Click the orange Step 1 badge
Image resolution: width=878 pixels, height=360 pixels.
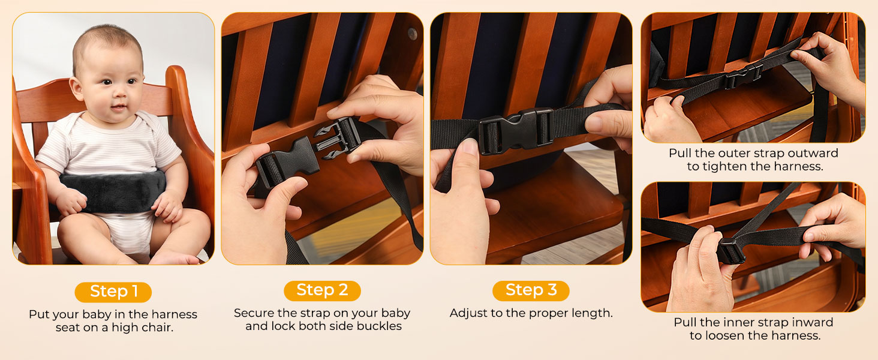point(113,292)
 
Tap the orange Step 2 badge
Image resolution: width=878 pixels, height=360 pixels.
point(322,290)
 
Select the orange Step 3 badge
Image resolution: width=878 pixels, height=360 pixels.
point(531,290)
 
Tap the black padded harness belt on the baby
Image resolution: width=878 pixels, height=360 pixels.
point(113,192)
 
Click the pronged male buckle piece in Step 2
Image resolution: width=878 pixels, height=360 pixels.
point(338,139)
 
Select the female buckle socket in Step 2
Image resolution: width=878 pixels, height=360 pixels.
point(287,163)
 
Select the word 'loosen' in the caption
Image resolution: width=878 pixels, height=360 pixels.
point(727,335)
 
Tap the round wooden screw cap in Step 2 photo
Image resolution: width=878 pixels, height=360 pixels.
point(412,34)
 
